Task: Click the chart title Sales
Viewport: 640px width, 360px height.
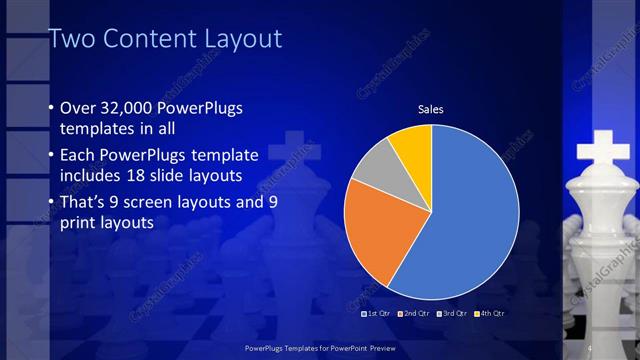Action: click(x=430, y=109)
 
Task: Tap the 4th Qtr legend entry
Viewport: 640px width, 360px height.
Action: click(x=490, y=314)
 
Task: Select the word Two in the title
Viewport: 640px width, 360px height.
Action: click(x=69, y=39)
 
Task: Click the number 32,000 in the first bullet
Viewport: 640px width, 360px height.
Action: click(x=129, y=108)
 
